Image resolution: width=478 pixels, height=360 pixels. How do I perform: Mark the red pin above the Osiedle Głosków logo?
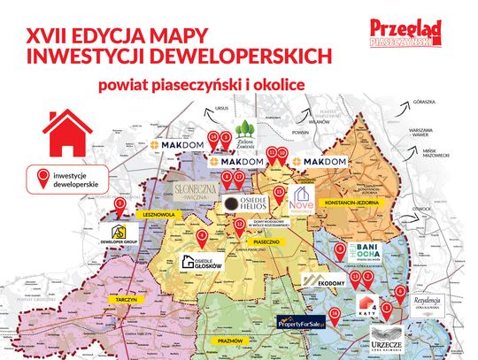pyautogui.click(x=202, y=237)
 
